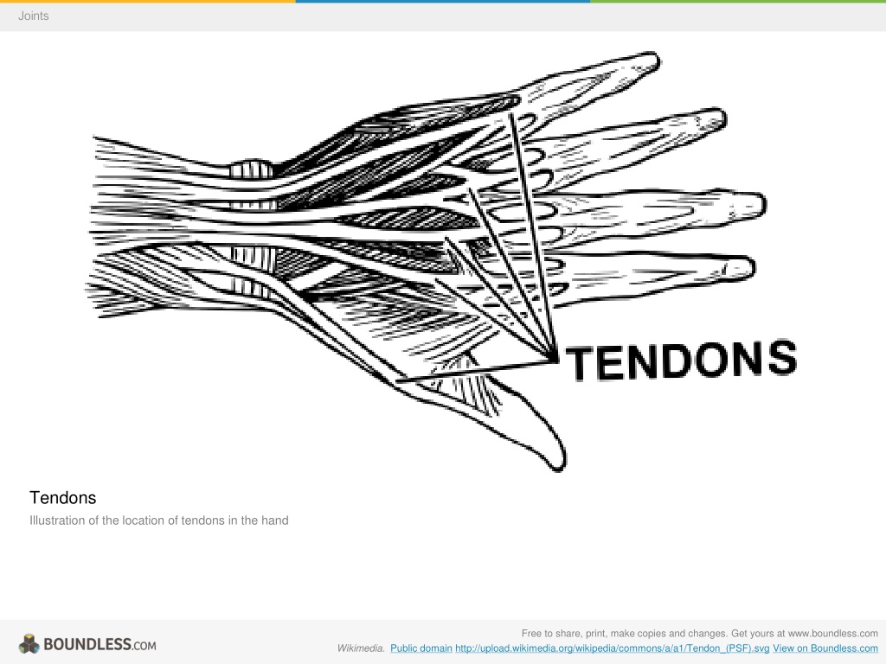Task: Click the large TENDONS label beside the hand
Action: (x=682, y=361)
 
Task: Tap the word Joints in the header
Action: (x=34, y=16)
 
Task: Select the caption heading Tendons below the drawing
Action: (x=62, y=497)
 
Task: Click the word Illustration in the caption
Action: (x=57, y=520)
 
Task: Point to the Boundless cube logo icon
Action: (x=29, y=644)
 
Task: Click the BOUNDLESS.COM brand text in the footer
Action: (x=100, y=644)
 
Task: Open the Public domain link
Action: (x=421, y=648)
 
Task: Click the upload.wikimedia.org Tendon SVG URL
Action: (x=612, y=648)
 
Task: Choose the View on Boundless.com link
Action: (x=825, y=648)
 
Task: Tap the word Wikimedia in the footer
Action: (x=361, y=648)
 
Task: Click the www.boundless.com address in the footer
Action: (x=833, y=634)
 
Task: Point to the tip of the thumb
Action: (x=561, y=468)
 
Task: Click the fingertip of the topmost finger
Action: (x=658, y=59)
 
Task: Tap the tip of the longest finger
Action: (x=765, y=204)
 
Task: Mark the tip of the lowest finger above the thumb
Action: (x=754, y=267)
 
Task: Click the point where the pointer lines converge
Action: (x=553, y=358)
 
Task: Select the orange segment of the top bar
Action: (x=147, y=1)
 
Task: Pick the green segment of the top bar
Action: (x=738, y=1)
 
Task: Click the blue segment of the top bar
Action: (x=443, y=1)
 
